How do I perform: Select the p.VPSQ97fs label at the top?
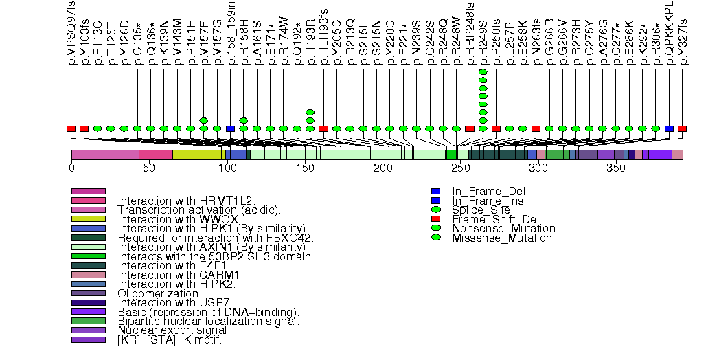(71, 33)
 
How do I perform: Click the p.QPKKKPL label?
(669, 33)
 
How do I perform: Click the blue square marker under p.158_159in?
(230, 128)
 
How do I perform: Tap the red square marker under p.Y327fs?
(682, 128)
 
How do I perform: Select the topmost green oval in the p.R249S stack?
(483, 71)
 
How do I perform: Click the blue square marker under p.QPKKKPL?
(669, 128)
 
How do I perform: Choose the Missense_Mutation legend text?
(502, 238)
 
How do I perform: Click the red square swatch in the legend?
(435, 219)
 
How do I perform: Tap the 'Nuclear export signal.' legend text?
(173, 330)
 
